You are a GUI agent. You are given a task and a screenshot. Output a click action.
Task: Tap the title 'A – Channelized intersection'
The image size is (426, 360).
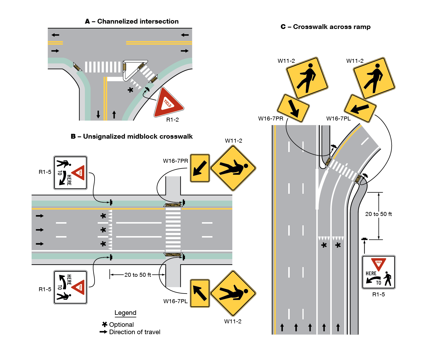point(132,21)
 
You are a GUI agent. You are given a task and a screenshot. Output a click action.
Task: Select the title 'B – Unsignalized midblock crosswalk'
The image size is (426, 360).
point(132,136)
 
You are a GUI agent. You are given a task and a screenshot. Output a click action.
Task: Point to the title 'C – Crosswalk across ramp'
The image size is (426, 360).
point(325,27)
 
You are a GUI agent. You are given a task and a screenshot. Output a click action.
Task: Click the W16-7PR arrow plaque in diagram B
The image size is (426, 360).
point(200,168)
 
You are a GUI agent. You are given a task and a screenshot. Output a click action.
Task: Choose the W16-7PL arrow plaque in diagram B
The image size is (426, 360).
point(200,293)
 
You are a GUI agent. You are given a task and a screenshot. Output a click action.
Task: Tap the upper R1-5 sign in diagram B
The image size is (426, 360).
point(70,172)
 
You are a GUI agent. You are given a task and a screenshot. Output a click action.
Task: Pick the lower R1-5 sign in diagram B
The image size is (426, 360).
point(70,287)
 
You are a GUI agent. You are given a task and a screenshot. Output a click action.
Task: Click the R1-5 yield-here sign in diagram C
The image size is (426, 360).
point(378,272)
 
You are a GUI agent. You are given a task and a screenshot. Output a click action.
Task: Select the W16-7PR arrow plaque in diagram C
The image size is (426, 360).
point(293,108)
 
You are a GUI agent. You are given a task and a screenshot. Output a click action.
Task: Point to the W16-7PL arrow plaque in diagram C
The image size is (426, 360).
point(360,108)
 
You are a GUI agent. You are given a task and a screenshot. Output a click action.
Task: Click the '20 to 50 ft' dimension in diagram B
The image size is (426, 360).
point(138,275)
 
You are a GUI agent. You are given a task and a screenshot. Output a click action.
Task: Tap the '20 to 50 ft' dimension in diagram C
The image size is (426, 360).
point(378,214)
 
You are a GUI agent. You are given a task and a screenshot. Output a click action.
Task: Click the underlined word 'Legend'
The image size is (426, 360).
point(125,313)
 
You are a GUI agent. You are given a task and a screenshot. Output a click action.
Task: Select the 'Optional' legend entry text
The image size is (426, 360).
point(121,324)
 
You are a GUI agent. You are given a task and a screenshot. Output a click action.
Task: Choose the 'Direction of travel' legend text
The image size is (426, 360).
point(135,332)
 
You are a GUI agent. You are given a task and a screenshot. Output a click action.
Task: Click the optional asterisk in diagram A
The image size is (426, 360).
point(130,90)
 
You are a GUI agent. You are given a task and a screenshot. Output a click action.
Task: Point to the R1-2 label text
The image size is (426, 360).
point(172,120)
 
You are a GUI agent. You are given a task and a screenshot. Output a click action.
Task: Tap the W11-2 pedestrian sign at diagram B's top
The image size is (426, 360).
point(233,168)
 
